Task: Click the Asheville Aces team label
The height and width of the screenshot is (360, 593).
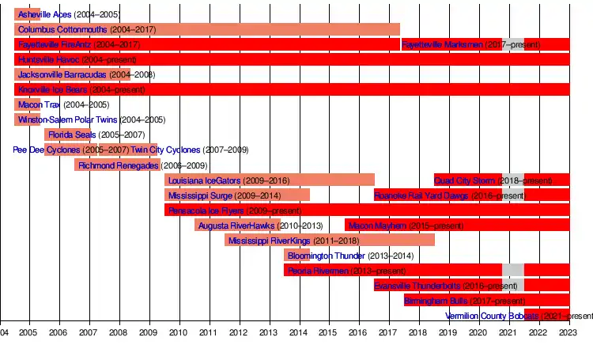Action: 44,15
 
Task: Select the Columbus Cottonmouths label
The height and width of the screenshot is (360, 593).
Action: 62,29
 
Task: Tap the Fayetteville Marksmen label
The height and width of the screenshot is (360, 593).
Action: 442,44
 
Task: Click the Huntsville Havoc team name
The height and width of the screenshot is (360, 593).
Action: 48,59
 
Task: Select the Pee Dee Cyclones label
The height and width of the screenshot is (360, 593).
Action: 47,150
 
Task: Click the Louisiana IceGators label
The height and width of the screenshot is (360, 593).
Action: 205,180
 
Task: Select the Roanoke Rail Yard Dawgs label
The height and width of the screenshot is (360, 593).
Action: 422,195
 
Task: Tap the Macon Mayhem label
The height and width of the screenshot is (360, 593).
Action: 378,225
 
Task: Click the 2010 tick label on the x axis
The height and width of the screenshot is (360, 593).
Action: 179,333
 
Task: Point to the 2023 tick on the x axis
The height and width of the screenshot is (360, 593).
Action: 568,333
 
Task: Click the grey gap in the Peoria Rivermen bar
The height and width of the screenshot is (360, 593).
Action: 512,271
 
